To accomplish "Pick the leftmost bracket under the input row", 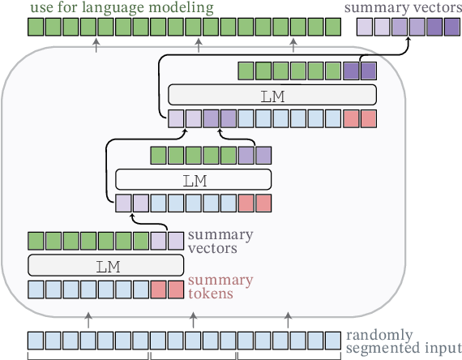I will coord(88,356).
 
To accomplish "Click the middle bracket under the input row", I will coord(192,356).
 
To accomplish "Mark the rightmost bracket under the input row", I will coord(288,356).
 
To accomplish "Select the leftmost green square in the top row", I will coord(36,28).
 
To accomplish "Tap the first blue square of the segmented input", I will coord(36,340).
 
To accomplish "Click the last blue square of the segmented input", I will coord(333,340).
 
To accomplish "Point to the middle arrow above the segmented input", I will coord(193,320).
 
